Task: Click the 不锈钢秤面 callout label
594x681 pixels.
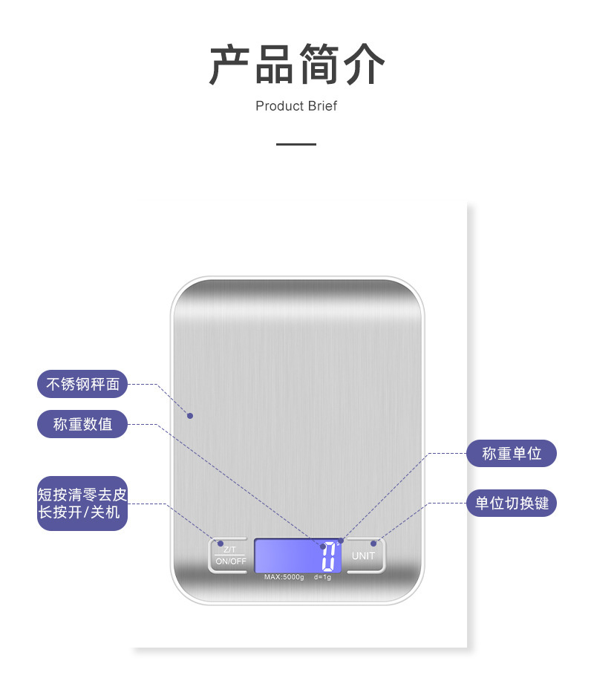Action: (82, 384)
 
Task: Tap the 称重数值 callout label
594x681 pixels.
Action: (82, 424)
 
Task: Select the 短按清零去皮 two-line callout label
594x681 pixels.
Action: (82, 504)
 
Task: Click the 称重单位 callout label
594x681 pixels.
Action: (512, 453)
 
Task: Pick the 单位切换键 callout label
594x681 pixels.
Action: (512, 503)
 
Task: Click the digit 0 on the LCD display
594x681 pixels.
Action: (328, 556)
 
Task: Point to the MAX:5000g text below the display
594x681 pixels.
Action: (284, 577)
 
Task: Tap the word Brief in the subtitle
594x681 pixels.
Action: (321, 106)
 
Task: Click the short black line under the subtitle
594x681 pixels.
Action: (296, 144)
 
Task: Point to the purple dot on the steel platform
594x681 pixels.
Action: (190, 415)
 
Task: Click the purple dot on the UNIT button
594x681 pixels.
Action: (373, 544)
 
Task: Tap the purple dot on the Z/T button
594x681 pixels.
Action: (221, 544)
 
